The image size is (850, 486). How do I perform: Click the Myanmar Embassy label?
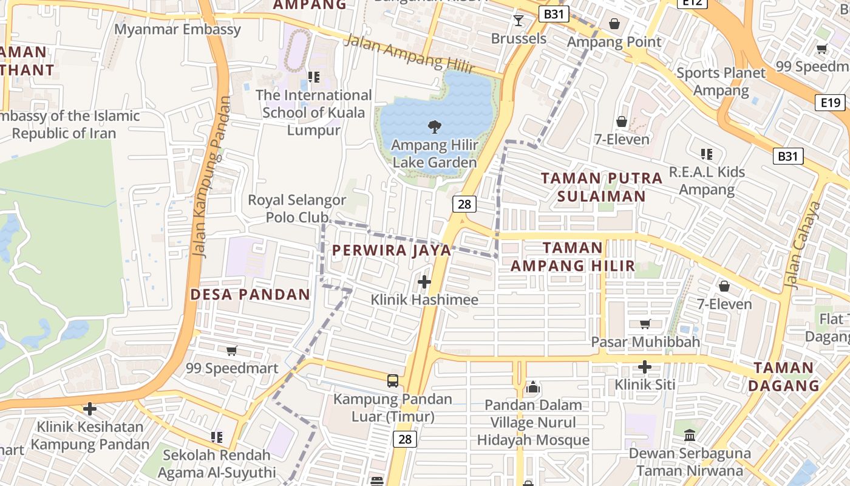(177, 29)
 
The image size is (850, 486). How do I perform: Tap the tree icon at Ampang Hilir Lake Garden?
(434, 127)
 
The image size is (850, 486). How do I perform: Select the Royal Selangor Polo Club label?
(297, 208)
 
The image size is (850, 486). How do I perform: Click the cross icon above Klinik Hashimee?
(424, 282)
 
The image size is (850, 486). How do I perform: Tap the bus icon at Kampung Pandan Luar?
(393, 381)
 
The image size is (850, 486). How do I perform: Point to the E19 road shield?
(830, 102)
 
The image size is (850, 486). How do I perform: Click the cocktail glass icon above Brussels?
(518, 21)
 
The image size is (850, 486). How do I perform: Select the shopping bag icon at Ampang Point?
(614, 24)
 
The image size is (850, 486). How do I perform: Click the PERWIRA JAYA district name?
(392, 250)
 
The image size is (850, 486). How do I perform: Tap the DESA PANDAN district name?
(250, 295)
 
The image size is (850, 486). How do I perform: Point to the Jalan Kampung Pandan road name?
(209, 176)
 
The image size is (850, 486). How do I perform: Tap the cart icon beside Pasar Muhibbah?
(645, 324)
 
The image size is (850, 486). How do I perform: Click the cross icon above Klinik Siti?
(645, 367)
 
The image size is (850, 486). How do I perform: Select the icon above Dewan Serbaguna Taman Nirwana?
(690, 435)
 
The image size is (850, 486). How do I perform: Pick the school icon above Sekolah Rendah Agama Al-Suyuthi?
(217, 437)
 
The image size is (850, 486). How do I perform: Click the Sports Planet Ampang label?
(721, 81)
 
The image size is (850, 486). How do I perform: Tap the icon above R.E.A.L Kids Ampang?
(706, 154)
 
